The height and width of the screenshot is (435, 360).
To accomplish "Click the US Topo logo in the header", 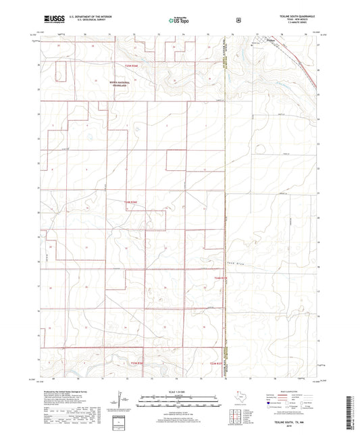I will tap(179, 21).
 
